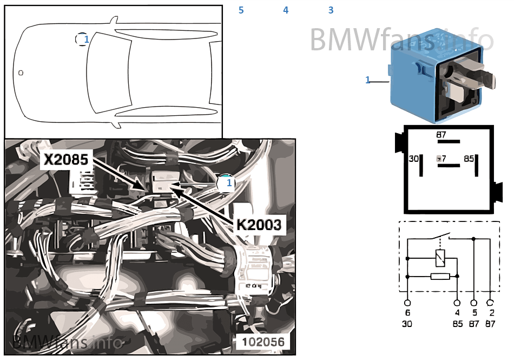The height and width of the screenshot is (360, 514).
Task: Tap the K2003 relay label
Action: click(x=259, y=225)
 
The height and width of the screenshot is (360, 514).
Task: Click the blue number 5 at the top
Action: click(x=241, y=10)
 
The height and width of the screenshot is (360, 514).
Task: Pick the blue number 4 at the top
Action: click(x=286, y=10)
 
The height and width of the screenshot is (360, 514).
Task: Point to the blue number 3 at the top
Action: click(x=331, y=10)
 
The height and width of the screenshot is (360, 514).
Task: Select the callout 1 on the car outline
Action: click(x=86, y=39)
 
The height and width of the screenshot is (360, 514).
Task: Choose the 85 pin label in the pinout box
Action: click(x=469, y=159)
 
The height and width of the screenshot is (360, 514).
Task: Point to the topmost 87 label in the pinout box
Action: click(x=441, y=134)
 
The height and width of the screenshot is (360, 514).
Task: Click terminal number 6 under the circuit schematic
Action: click(x=407, y=313)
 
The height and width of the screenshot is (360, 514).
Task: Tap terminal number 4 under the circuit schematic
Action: click(x=457, y=313)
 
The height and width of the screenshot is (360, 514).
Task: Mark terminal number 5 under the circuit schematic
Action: click(x=474, y=313)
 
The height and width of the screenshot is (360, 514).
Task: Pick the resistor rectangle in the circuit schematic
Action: click(x=440, y=276)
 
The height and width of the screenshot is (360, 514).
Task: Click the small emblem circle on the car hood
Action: click(x=21, y=72)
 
